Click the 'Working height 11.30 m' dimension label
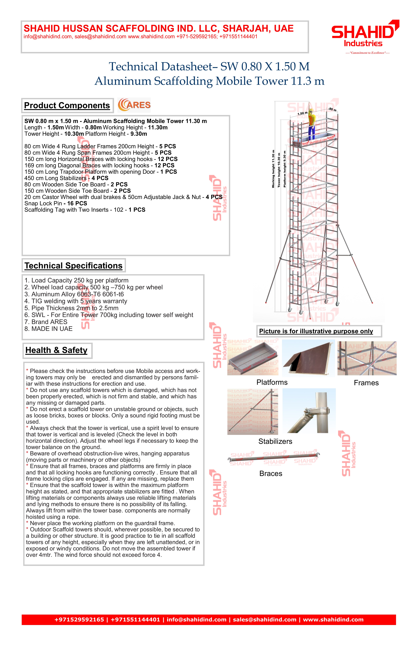(273, 169)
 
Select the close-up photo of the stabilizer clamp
(309, 411)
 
